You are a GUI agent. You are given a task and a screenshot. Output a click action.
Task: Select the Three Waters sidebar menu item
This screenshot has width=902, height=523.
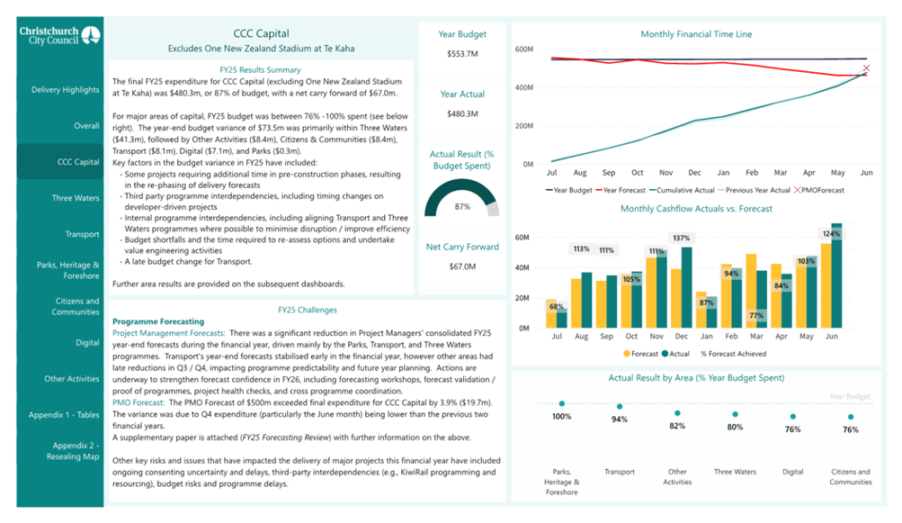pos(76,198)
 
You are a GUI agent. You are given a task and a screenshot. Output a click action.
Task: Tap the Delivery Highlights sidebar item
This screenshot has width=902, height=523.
pos(65,90)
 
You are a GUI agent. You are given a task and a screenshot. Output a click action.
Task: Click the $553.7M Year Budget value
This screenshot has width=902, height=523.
pos(462,55)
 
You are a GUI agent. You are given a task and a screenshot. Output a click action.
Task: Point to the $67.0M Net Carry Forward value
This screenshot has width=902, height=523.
pos(462,266)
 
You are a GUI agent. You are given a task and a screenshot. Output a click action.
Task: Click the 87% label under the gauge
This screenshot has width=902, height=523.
pos(462,206)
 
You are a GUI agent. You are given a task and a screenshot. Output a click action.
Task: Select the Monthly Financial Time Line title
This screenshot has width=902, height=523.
pos(696,34)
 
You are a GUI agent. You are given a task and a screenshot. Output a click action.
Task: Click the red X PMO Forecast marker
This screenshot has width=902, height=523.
pos(867,68)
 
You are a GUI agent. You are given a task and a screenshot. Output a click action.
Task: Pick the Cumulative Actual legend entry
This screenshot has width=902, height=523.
pos(686,190)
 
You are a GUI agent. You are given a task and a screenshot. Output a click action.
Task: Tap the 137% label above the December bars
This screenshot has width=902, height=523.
pos(681,239)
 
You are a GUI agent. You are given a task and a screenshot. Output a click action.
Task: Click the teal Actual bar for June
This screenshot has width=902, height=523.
pos(837,275)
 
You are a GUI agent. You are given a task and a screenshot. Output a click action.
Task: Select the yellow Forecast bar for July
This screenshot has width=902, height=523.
pos(551,314)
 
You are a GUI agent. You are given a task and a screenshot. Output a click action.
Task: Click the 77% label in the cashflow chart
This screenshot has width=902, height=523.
pos(755,316)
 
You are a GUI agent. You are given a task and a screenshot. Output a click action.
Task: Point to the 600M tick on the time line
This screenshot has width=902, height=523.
pos(523,50)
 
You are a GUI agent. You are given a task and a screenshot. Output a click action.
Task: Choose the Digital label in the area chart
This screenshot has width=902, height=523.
pos(792,471)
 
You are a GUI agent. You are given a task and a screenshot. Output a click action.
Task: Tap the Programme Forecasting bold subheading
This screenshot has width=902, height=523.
pos(157,321)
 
